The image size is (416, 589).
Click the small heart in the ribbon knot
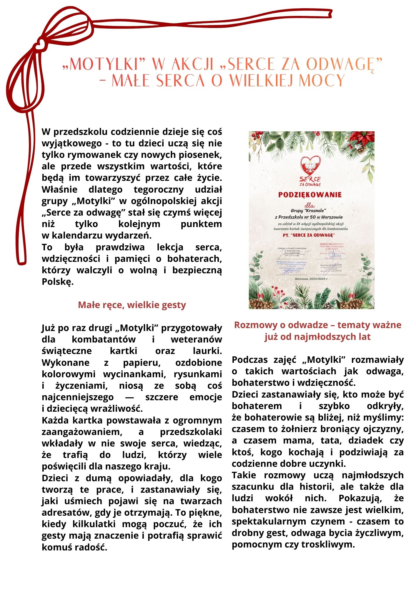pyautogui.click(x=39, y=45)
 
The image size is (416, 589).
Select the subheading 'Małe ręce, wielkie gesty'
pyautogui.click(x=132, y=305)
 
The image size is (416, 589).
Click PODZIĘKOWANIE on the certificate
pyautogui.click(x=310, y=195)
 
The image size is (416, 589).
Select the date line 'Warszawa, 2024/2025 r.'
pyautogui.click(x=311, y=278)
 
